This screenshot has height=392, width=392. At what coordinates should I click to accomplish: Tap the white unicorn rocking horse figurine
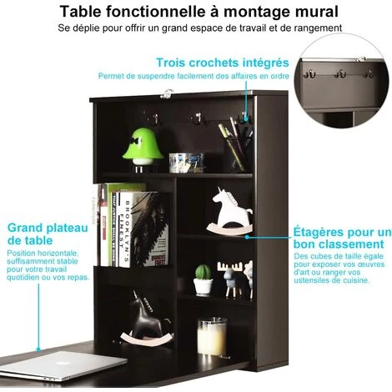click(x=230, y=211)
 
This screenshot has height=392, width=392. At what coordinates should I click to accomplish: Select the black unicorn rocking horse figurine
click(x=147, y=319)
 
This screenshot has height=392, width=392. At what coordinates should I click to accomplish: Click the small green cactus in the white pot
click(x=204, y=280)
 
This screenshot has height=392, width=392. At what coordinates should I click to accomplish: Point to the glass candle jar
click(x=212, y=337)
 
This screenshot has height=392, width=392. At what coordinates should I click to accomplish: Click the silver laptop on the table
click(x=62, y=365)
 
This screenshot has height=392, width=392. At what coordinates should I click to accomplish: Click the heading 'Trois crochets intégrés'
click(x=223, y=63)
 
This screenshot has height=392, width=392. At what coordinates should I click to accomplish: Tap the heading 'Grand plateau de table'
click(x=48, y=234)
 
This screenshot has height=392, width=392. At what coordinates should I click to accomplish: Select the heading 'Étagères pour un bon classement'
click(x=342, y=238)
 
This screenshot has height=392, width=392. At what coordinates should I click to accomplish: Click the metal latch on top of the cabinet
click(x=167, y=93)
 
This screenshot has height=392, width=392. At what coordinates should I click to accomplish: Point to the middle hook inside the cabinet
click(x=198, y=118)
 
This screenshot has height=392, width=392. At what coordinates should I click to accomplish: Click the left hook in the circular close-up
click(x=309, y=74)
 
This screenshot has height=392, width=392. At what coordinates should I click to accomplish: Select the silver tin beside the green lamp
click(x=186, y=163)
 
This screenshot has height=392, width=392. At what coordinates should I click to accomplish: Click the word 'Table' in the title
click(x=80, y=12)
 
